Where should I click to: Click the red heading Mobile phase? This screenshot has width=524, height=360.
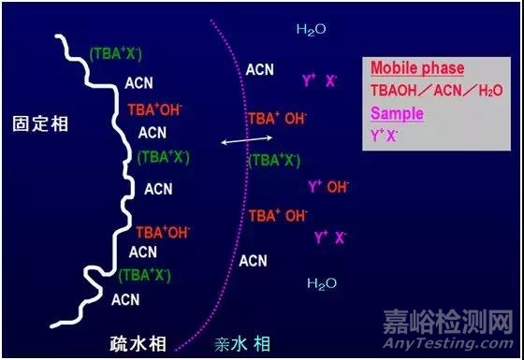[416, 68]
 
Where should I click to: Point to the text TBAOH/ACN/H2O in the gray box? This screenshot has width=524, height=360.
[435, 91]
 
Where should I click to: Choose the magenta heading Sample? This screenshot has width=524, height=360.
[397, 113]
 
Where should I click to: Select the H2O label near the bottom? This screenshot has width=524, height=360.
[322, 282]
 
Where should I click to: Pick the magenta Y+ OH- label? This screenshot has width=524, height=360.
[327, 187]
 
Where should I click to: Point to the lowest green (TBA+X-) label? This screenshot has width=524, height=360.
[143, 275]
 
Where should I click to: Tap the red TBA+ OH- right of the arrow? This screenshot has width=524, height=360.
[277, 119]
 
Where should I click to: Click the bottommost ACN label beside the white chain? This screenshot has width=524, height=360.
[125, 299]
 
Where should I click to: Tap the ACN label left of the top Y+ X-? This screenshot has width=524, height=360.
[260, 69]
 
